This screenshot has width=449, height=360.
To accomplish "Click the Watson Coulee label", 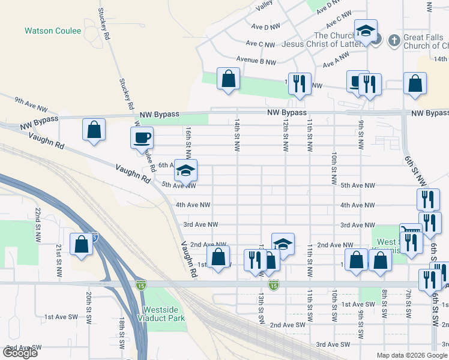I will coord(53,31).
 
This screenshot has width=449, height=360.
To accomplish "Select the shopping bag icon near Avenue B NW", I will coord(228,79).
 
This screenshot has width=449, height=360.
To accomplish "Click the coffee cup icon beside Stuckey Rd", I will coord(142,137).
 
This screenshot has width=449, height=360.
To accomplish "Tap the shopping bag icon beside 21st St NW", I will coord(80,244).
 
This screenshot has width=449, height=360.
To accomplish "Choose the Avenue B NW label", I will coord(256,61).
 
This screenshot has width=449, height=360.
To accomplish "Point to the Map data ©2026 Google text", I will coord(412,355).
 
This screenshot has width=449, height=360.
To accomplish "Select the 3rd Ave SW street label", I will coord(333,344).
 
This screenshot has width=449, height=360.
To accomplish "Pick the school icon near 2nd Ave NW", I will coord(283,244).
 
